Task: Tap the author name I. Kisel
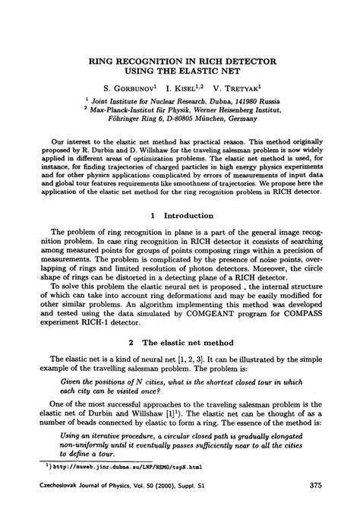[188, 88]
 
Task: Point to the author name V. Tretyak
[242, 88]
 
